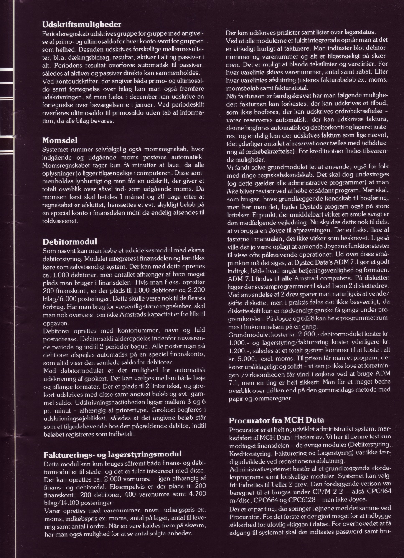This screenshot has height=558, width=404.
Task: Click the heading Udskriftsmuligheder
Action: click(82, 25)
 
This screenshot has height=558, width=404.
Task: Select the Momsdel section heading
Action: click(60, 140)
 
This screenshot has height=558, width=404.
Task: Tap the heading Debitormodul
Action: click(69, 241)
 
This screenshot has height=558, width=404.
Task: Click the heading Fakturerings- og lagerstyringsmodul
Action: click(112, 454)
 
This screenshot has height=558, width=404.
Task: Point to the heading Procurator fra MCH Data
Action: click(277, 420)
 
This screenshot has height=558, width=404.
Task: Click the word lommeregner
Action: click(273, 398)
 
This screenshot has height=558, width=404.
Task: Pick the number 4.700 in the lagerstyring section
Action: click(196, 494)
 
